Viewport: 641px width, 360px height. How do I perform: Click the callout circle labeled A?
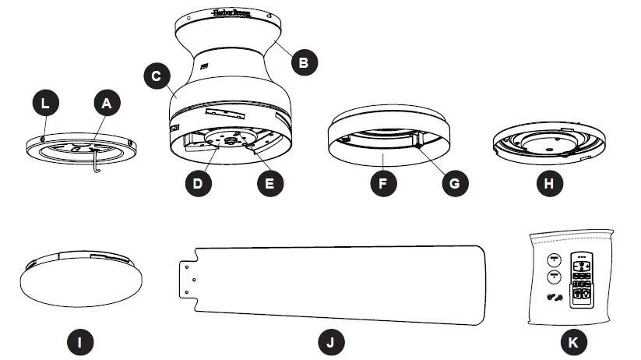(x=107, y=101)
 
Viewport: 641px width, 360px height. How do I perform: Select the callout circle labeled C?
(x=157, y=76)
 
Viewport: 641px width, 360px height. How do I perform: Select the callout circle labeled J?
(x=331, y=341)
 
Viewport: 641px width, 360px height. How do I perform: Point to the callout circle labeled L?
(x=45, y=101)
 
